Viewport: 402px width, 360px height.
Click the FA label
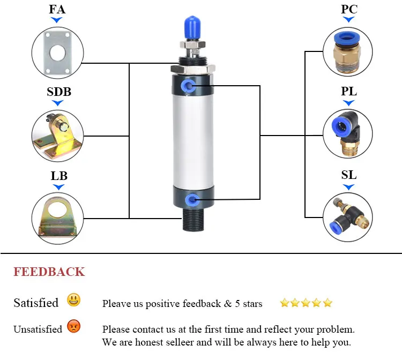pyautogui.click(x=57, y=9)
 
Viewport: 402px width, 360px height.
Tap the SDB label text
pyautogui.click(x=59, y=92)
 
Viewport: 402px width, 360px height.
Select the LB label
pyautogui.click(x=59, y=176)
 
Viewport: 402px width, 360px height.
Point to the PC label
pyautogui.click(x=349, y=9)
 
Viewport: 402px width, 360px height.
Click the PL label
pyautogui.click(x=349, y=91)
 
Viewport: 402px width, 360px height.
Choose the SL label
pyautogui.click(x=349, y=175)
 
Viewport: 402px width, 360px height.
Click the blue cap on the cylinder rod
pyautogui.click(x=192, y=28)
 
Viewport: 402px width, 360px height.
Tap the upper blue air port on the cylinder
pyautogui.click(x=188, y=86)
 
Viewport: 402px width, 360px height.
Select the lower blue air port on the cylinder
pyautogui.click(x=191, y=200)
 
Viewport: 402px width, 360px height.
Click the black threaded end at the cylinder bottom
pyautogui.click(x=193, y=220)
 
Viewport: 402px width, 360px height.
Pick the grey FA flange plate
pyautogui.click(x=57, y=53)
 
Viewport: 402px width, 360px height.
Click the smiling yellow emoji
pyautogui.click(x=73, y=300)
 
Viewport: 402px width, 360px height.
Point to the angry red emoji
pyautogui.click(x=73, y=326)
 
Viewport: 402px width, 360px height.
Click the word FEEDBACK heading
pyautogui.click(x=49, y=272)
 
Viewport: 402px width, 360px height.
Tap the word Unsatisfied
pyautogui.click(x=38, y=329)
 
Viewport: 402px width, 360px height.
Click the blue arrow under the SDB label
pyautogui.click(x=58, y=103)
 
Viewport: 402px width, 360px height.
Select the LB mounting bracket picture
pyautogui.click(x=57, y=217)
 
